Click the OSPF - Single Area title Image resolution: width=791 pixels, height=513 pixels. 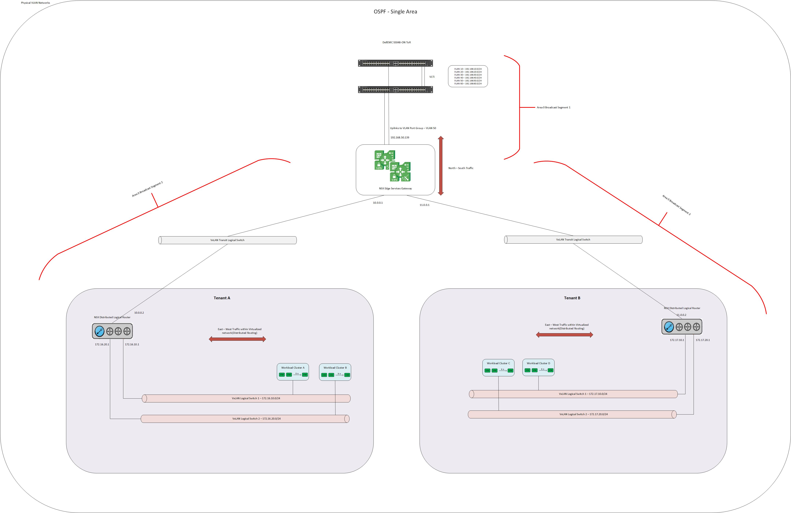(395, 12)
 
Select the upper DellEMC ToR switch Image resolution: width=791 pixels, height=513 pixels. (395, 63)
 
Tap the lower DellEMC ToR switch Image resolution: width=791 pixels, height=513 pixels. (395, 89)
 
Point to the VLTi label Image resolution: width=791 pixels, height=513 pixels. (432, 77)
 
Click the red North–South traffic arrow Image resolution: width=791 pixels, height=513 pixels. (441, 165)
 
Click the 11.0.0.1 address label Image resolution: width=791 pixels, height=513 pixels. (424, 205)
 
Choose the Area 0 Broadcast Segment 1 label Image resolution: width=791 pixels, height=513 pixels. (553, 107)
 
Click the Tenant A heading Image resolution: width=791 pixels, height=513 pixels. (222, 298)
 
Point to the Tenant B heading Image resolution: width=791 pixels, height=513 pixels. (572, 298)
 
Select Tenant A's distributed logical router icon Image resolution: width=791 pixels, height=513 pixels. (112, 331)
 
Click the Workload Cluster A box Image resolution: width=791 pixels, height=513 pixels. (293, 372)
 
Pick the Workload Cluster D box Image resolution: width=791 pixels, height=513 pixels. (538, 367)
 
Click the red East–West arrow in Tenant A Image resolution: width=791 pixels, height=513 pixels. (237, 339)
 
